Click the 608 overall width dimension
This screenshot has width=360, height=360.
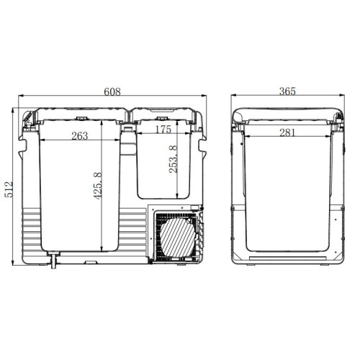112,91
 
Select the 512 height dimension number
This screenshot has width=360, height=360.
9,189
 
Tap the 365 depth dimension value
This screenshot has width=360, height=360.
287,91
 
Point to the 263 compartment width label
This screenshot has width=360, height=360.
80,136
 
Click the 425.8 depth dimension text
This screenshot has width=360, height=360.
98,186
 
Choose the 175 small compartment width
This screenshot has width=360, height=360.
163,130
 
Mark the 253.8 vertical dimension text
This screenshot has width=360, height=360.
174,159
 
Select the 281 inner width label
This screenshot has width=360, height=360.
287,132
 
